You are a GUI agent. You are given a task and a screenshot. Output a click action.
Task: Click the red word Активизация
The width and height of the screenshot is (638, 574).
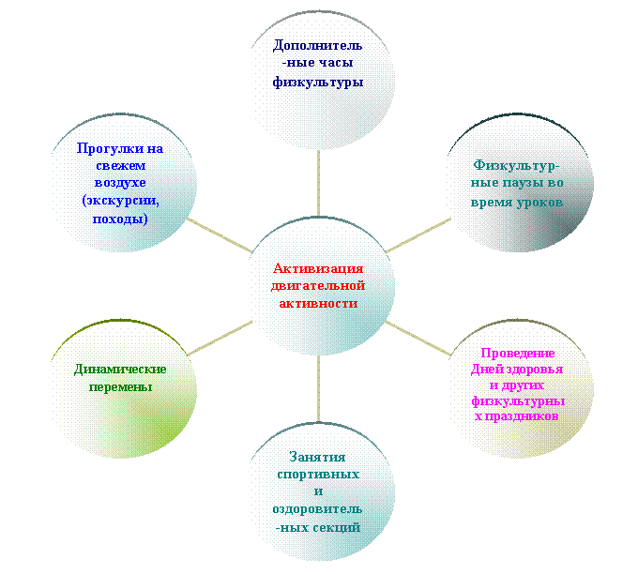318,268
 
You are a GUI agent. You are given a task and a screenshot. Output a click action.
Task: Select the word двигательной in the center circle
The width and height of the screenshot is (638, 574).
318,286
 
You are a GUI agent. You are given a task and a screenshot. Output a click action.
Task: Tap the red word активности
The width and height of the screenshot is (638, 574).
318,304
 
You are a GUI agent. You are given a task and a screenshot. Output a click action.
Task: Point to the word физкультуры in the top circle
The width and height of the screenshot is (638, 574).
318,83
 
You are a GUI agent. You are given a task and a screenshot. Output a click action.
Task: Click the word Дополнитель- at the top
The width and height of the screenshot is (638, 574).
317,45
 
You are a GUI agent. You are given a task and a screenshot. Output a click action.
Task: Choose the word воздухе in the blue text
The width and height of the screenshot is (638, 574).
120,183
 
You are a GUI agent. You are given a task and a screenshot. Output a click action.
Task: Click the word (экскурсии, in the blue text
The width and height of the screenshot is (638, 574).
120,201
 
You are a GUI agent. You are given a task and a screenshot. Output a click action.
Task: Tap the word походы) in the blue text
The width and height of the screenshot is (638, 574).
120,219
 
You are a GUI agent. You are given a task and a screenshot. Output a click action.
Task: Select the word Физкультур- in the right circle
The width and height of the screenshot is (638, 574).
517,166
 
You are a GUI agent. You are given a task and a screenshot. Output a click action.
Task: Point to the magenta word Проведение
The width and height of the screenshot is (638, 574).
518,353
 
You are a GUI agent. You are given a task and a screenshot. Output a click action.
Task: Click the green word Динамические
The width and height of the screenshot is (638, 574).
120,370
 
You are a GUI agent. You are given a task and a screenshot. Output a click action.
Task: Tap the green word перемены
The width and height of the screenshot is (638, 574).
120,386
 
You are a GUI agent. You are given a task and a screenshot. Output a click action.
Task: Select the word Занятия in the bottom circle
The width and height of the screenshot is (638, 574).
317,458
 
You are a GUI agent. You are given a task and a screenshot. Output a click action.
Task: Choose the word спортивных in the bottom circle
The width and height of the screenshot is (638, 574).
318,475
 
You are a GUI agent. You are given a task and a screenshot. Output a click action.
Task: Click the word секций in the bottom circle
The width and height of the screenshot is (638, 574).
338,528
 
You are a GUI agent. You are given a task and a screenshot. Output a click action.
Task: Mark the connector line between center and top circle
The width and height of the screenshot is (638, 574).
318,183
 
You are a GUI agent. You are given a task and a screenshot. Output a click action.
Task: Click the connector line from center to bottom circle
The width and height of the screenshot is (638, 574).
318,388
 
